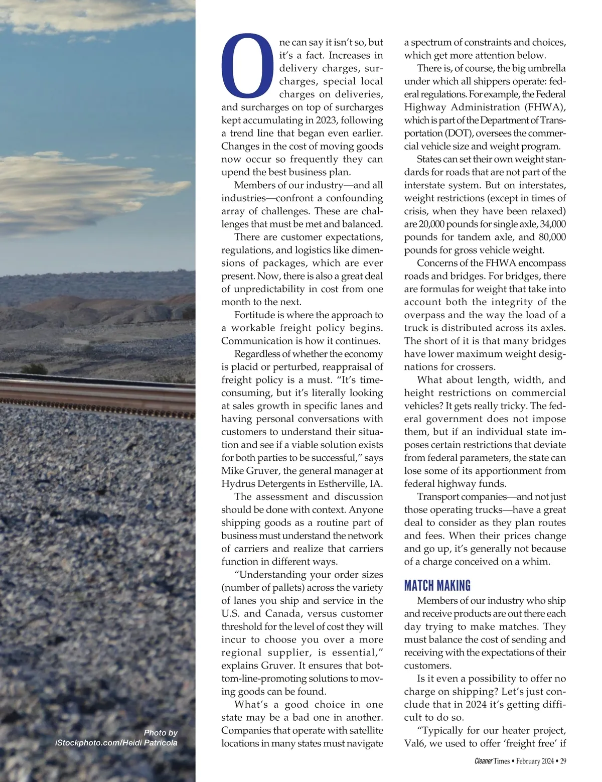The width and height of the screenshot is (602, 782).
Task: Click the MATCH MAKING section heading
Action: [437, 586]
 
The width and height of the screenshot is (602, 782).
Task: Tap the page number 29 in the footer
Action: [563, 761]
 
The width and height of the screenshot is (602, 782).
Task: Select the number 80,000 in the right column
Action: [552, 237]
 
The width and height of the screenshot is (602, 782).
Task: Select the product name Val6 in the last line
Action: [414, 743]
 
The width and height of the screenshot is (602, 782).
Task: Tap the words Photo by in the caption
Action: [161, 732]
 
